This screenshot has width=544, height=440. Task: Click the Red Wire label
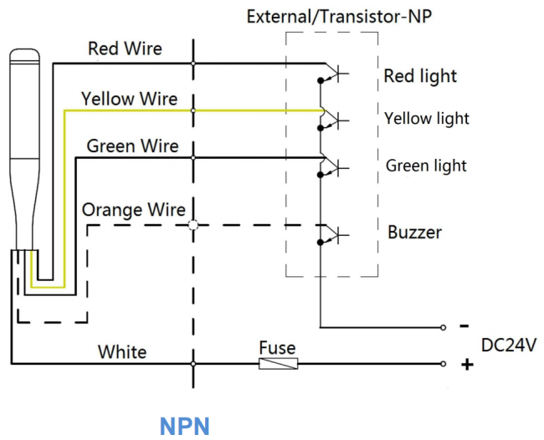click(x=125, y=49)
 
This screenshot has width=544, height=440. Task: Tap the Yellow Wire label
click(x=129, y=99)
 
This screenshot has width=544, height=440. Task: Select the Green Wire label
click(x=132, y=146)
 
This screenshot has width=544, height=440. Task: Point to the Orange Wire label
click(x=134, y=210)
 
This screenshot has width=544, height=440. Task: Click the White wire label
click(x=122, y=352)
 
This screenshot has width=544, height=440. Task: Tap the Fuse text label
click(x=277, y=348)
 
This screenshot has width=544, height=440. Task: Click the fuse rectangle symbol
click(x=278, y=364)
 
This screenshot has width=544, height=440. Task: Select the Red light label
click(x=420, y=76)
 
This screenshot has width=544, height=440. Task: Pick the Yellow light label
click(x=426, y=119)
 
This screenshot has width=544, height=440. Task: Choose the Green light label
click(x=426, y=166)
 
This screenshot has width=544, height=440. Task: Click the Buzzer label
click(x=414, y=233)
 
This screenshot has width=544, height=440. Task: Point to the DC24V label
click(x=509, y=345)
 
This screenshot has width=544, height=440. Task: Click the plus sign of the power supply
click(x=467, y=365)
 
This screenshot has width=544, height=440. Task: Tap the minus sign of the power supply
click(x=464, y=326)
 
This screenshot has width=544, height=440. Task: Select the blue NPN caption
click(x=185, y=426)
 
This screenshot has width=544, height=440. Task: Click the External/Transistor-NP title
click(x=339, y=17)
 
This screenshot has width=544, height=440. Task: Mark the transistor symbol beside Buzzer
click(x=332, y=234)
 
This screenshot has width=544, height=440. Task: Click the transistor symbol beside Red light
click(x=332, y=73)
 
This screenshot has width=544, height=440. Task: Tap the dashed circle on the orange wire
click(x=193, y=225)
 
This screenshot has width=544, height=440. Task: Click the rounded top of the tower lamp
click(x=24, y=55)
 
